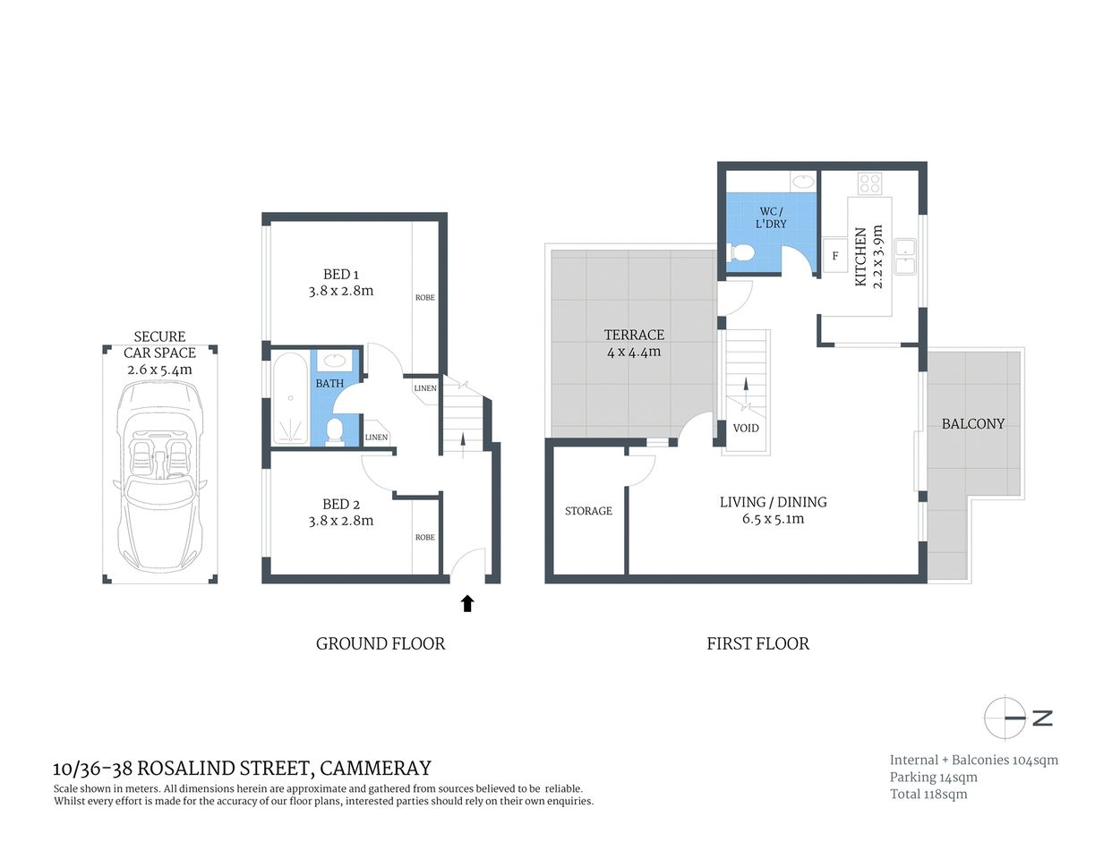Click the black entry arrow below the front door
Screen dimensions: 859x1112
coord(466,603)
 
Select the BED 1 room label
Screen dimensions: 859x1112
coord(341,275)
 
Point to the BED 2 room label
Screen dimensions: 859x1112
coord(341,504)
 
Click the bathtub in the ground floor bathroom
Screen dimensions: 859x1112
coord(289,398)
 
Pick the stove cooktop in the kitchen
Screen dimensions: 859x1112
coord(869,183)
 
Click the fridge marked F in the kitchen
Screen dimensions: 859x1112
coord(835,256)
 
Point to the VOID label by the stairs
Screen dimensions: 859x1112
coord(746,428)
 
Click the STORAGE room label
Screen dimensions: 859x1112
coord(588,511)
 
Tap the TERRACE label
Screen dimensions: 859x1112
coord(634,335)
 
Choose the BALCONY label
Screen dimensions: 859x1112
coord(973,423)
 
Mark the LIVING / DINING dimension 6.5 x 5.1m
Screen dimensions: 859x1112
coord(773,519)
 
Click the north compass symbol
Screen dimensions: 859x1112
coord(1005,718)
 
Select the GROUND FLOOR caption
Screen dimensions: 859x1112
coord(381,643)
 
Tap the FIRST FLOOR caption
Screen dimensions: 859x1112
coord(757,643)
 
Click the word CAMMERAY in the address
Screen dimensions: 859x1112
coord(375,768)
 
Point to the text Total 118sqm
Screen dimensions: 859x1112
coord(928,794)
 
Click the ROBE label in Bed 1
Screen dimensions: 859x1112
coord(425,297)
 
